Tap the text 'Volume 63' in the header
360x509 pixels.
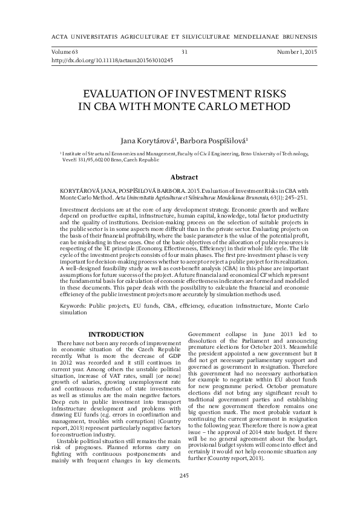pyautogui.click(x=65, y=53)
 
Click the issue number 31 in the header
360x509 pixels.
pyautogui.click(x=184, y=53)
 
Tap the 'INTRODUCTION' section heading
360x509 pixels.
pyautogui.click(x=116, y=334)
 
